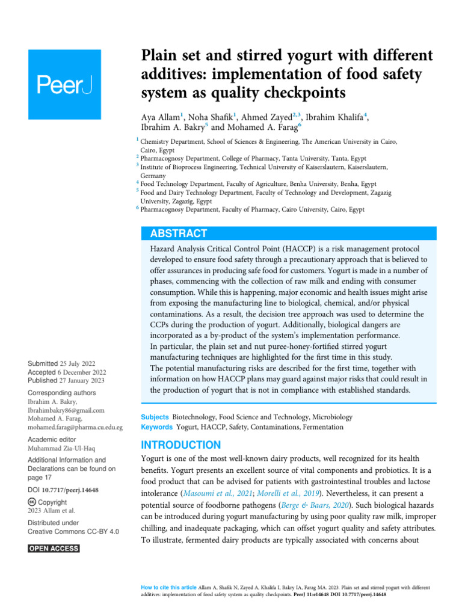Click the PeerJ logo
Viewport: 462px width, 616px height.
[67, 85]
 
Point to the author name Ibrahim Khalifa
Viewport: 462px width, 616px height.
[334, 117]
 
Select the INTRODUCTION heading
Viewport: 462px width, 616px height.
[181, 445]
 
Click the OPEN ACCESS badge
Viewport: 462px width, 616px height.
[54, 549]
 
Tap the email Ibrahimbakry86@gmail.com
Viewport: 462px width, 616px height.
[66, 410]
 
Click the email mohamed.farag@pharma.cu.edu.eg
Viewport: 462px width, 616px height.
[75, 427]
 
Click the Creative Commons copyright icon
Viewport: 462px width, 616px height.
[32, 502]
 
